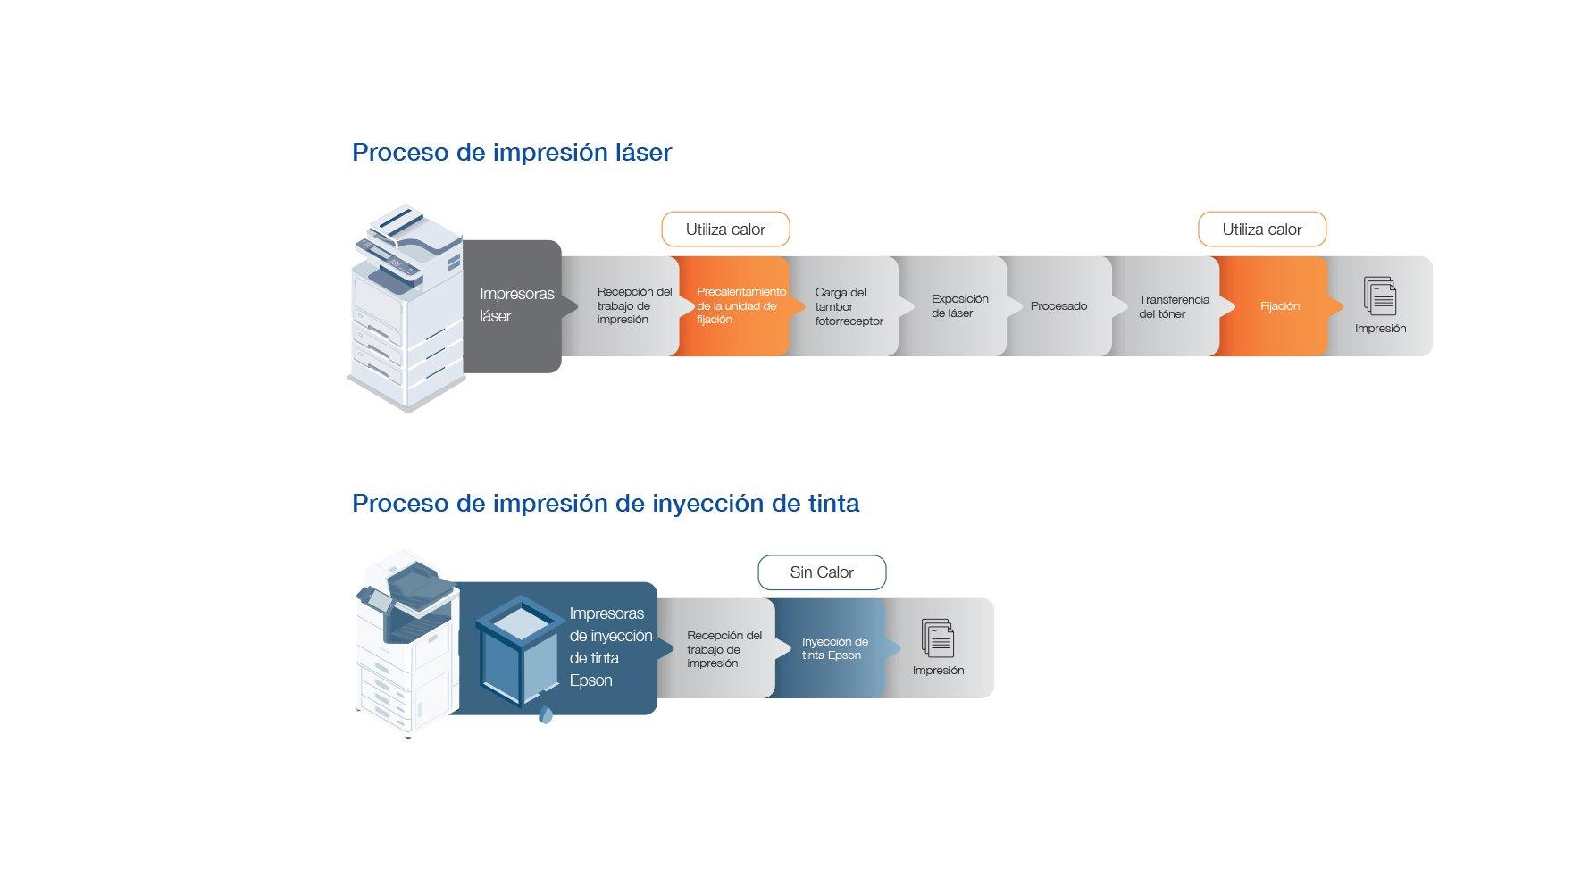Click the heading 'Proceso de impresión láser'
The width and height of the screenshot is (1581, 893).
(511, 153)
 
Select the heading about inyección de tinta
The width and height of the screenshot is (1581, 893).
(606, 504)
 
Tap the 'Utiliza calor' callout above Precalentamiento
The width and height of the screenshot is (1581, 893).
(725, 230)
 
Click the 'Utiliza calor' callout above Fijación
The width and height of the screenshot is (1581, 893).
(1261, 230)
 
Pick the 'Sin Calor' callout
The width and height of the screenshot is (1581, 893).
(822, 572)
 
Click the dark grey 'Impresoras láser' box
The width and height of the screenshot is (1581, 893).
(514, 305)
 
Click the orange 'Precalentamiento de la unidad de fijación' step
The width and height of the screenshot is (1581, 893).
(738, 305)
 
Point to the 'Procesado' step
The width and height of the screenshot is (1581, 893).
(1058, 306)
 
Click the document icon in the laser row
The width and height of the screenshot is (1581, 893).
(1380, 296)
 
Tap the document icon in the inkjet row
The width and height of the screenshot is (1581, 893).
(938, 638)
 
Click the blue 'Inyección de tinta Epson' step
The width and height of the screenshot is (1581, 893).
(834, 648)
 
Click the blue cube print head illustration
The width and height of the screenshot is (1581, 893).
(518, 652)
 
